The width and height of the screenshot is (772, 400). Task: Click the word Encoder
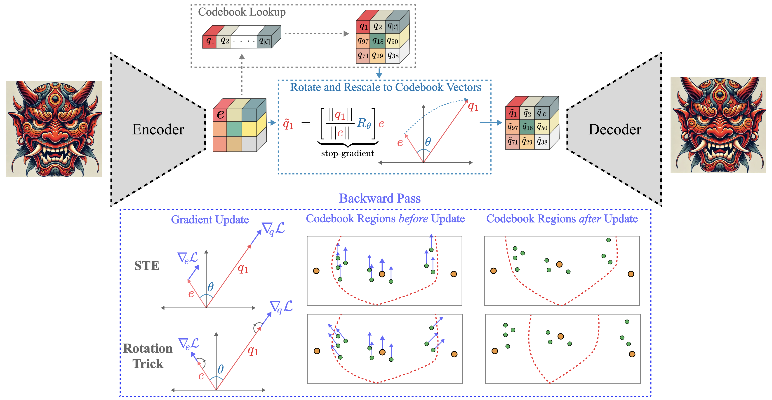(x=158, y=130)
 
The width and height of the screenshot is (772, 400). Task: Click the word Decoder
(x=615, y=130)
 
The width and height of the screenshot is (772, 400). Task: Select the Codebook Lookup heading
(x=242, y=12)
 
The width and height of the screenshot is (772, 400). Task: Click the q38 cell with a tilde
(x=542, y=142)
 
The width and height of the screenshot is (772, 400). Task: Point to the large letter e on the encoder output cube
(x=221, y=114)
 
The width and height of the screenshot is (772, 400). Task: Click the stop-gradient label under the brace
(x=347, y=153)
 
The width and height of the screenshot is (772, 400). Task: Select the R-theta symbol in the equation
(x=364, y=123)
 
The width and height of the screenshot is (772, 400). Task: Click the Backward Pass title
(x=380, y=198)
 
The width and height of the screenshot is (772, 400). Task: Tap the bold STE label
(x=146, y=265)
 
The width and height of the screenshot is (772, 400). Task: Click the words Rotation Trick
(x=148, y=356)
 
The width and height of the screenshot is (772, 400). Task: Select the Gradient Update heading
(x=210, y=219)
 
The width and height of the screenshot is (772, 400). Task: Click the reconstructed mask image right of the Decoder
(x=718, y=125)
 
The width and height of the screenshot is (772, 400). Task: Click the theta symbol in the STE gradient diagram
(x=211, y=287)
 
